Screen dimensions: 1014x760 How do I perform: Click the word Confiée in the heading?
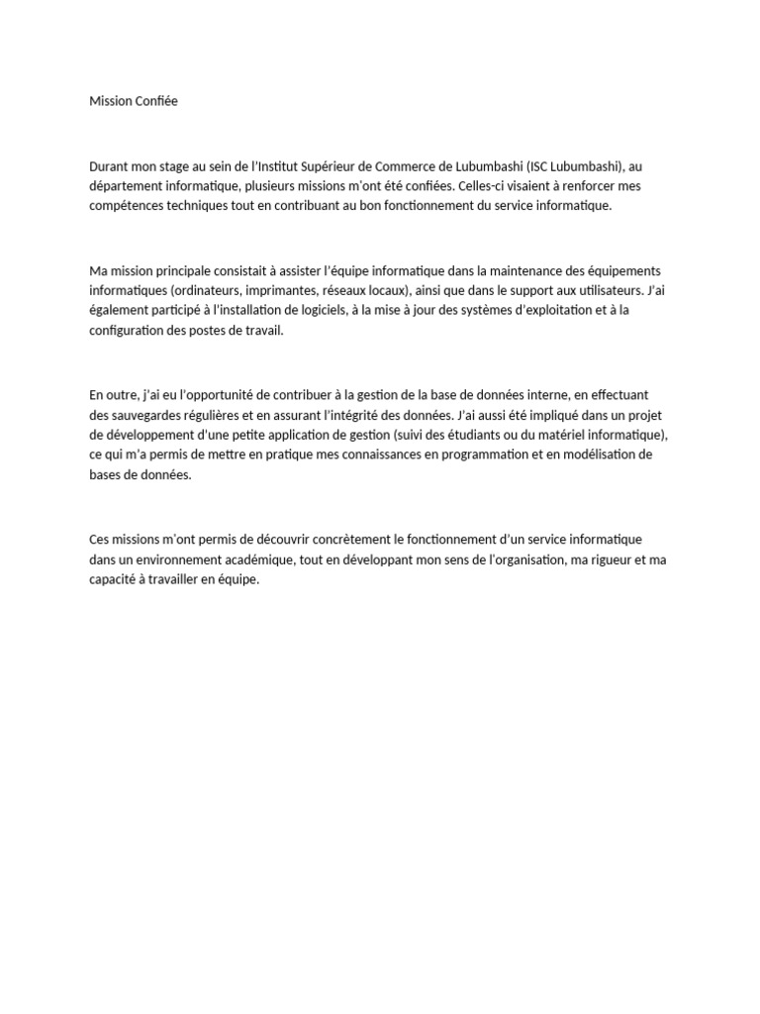click(x=153, y=101)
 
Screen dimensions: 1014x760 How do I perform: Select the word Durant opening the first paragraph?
click(x=109, y=166)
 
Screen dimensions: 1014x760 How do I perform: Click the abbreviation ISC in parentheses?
click(x=540, y=166)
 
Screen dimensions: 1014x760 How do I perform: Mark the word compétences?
click(x=127, y=206)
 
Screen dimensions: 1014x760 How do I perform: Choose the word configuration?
click(x=129, y=331)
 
